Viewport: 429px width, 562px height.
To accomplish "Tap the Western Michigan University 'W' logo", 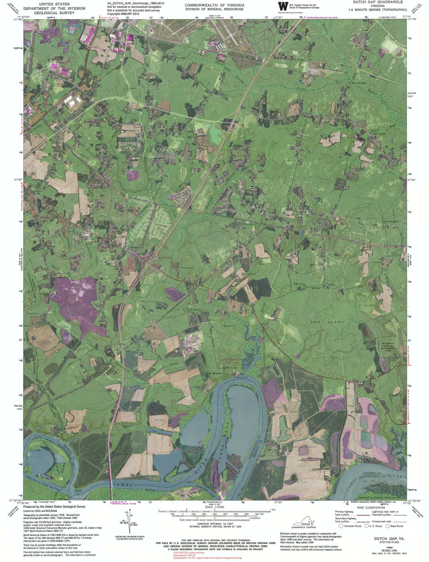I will click(283, 6).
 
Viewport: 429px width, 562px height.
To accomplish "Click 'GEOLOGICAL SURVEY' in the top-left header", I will click(54, 13).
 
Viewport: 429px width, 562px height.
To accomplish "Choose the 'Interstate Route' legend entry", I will click(352, 526).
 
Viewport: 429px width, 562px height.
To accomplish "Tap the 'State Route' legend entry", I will click(396, 526).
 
